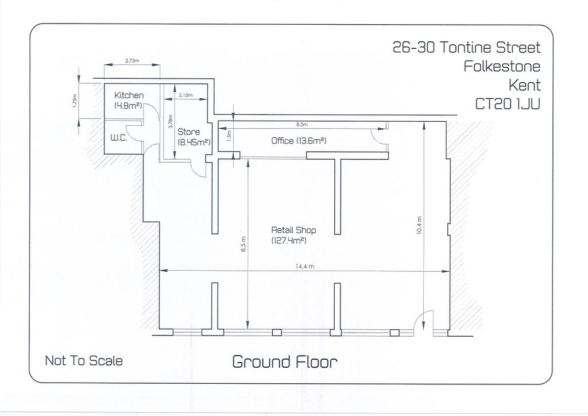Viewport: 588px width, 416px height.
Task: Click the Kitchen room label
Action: point(129,95)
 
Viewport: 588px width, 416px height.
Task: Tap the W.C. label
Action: point(118,138)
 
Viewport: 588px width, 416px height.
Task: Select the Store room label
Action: point(188,132)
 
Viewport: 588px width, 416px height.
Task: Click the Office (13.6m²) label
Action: point(299,141)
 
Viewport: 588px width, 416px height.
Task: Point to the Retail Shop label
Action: point(293,230)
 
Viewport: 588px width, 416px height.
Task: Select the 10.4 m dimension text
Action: point(419,225)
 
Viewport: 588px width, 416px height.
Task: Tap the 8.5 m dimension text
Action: point(243,245)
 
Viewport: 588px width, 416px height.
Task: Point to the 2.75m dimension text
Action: point(131,60)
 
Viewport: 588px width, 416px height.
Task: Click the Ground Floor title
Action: point(284,361)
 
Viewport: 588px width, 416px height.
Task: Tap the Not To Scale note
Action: point(84,361)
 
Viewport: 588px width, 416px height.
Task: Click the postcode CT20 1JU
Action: point(508,104)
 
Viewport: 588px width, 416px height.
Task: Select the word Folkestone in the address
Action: point(502,66)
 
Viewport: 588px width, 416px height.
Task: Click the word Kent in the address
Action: point(524,85)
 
